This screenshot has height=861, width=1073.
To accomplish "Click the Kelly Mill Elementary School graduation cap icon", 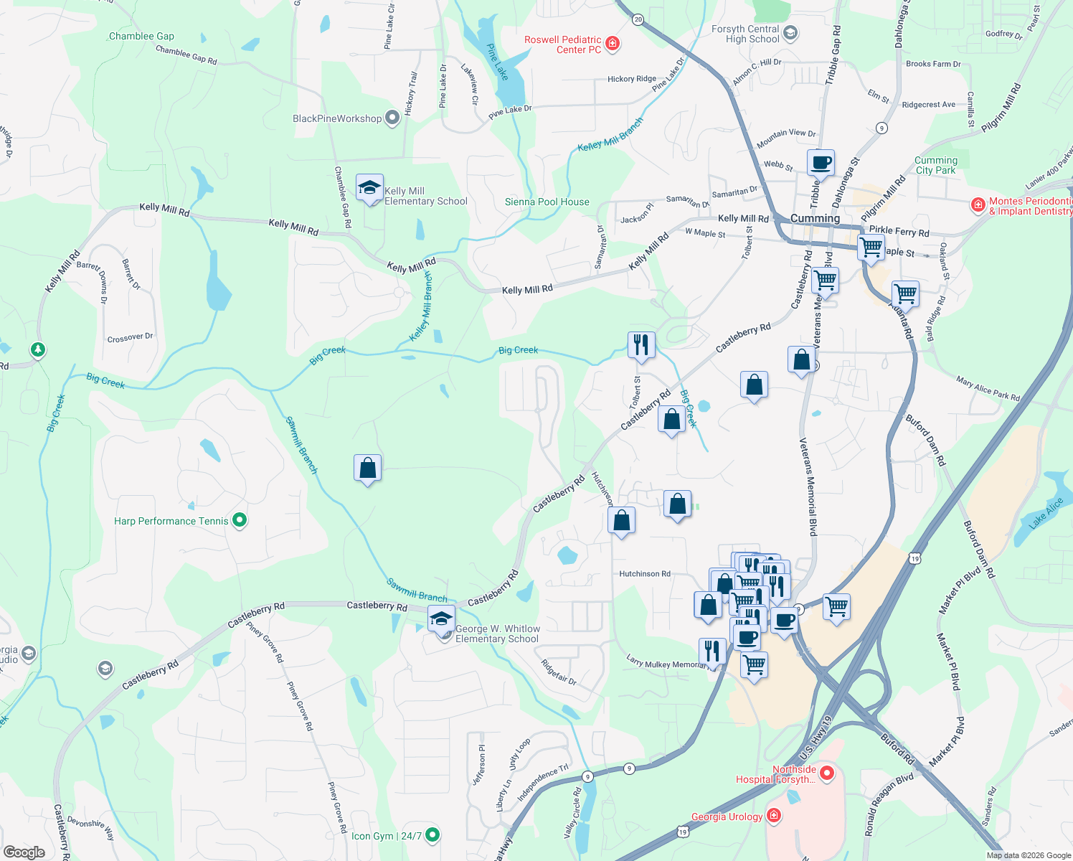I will click(369, 189).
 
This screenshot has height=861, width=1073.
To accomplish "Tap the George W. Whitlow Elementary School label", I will click(497, 634).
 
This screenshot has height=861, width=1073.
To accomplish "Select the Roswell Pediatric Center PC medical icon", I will click(613, 44).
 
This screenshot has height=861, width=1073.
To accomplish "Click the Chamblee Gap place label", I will click(141, 36).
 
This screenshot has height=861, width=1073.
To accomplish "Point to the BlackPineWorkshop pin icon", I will click(392, 118).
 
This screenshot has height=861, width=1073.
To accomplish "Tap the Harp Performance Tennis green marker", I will click(240, 520).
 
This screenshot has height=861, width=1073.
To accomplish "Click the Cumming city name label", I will click(815, 218).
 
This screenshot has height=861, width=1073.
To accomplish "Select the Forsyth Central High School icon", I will click(790, 33).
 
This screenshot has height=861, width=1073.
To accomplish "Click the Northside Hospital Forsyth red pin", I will click(827, 773).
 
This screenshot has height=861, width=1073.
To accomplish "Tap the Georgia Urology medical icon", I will click(773, 815).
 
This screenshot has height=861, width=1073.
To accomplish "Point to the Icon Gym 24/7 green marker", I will click(432, 834).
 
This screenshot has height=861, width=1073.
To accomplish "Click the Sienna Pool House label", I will click(547, 202).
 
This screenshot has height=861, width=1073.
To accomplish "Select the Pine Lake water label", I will click(497, 62).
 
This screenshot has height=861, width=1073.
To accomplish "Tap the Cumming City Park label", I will click(936, 165).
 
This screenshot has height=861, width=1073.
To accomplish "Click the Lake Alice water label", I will click(1046, 513).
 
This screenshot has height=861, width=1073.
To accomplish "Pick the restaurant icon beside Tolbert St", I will click(641, 345).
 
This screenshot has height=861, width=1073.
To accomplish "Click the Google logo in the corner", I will click(24, 852).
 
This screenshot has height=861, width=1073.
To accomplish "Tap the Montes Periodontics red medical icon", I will click(978, 205).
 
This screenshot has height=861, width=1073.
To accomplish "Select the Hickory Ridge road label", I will click(631, 79).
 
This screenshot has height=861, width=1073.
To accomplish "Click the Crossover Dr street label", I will click(130, 337).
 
